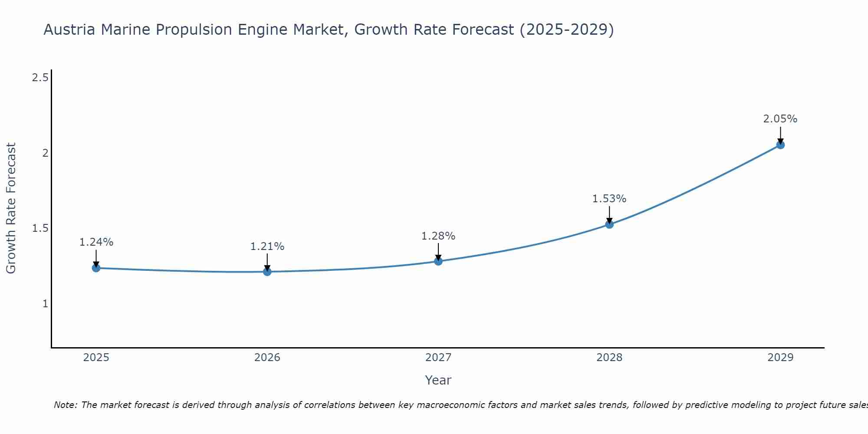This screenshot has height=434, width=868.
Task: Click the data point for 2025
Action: click(96, 268)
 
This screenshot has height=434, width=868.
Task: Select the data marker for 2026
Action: click(267, 272)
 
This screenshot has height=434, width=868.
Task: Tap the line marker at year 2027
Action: click(438, 261)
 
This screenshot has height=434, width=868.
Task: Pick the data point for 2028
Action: click(609, 224)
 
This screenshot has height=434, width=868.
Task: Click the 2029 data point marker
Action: click(780, 145)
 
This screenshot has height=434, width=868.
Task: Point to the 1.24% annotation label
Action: click(96, 242)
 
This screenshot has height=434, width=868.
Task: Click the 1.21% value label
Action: click(267, 247)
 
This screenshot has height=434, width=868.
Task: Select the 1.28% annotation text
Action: click(438, 236)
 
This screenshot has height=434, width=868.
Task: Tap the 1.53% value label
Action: click(609, 199)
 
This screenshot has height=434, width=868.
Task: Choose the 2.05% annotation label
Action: click(780, 119)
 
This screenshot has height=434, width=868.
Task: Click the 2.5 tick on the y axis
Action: click(40, 78)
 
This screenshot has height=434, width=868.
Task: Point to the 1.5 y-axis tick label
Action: click(40, 228)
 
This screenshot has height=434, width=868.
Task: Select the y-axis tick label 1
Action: click(45, 304)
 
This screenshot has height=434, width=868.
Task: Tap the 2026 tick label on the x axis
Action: click(267, 358)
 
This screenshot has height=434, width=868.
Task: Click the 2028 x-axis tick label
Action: click(609, 358)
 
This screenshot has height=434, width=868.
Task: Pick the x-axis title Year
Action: click(438, 380)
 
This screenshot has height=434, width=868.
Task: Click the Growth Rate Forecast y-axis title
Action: click(11, 208)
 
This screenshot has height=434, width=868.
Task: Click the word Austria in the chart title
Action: click(69, 30)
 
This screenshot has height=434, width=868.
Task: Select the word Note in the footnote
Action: click(65, 405)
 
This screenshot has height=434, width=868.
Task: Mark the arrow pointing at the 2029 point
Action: click(780, 135)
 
